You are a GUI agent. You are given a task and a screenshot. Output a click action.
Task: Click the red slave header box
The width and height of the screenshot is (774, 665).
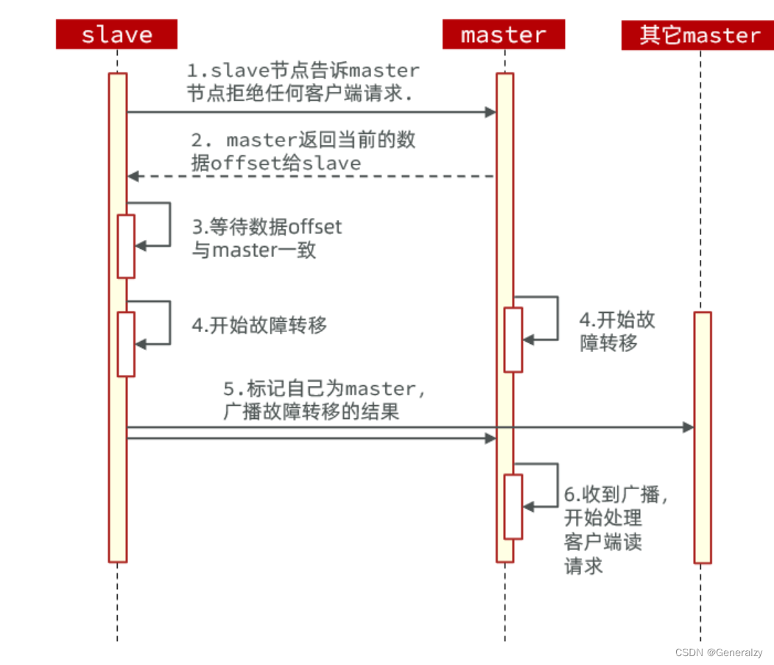coord(116,35)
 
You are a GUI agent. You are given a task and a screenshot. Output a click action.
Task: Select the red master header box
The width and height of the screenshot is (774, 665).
coord(504,35)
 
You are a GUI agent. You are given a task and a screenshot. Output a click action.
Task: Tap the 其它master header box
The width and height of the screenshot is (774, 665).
coord(699,35)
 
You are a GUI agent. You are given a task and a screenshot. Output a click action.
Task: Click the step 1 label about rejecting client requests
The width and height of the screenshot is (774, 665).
coord(303,82)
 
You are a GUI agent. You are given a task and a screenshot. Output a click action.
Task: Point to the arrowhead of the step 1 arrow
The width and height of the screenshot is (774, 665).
coord(490,112)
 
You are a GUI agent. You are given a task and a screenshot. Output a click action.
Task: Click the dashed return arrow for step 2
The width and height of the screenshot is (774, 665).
coord(309,176)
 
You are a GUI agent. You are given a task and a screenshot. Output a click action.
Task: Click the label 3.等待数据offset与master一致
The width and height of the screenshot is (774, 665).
coord(267,238)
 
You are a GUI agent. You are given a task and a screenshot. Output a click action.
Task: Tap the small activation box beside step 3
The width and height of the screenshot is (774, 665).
coord(126,246)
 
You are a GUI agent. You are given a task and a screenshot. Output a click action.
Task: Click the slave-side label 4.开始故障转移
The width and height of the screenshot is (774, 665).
coord(259,326)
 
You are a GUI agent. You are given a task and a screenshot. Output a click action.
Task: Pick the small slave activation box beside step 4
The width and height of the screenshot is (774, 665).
coord(126,344)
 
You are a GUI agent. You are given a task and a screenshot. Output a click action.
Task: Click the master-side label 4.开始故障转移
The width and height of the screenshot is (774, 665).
coord(617,331)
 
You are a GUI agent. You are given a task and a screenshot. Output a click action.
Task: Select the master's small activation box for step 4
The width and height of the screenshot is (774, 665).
coord(513,339)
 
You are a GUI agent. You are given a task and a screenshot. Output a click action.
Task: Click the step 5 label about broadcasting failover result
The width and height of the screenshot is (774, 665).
coord(324,399)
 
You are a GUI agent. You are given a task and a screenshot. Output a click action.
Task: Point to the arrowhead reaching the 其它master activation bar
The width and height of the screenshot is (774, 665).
coord(689,427)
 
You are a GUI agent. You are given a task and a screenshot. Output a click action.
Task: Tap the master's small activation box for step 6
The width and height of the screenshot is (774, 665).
coord(513,507)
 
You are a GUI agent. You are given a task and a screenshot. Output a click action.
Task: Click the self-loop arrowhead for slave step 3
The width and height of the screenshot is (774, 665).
coord(141,246)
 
